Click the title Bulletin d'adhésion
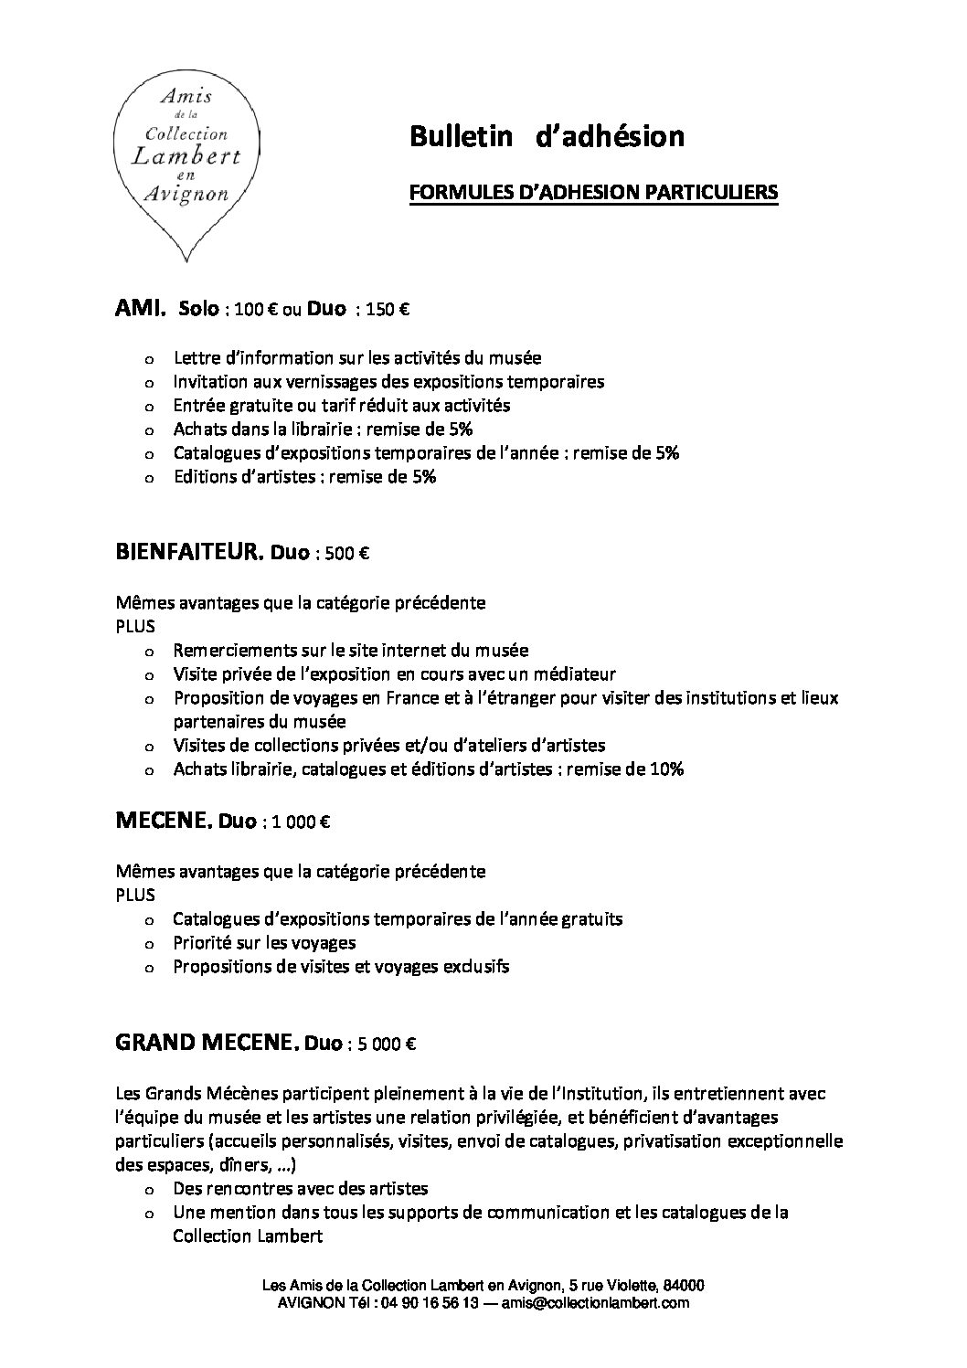coord(547,136)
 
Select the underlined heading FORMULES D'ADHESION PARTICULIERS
coord(592,192)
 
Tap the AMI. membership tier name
coord(141,309)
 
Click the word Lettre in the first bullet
coord(194,357)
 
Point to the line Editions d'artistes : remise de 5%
coord(304,476)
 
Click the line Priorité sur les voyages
coord(264,942)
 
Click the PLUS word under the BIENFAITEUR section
coord(135,627)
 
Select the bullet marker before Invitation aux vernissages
coord(149,382)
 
